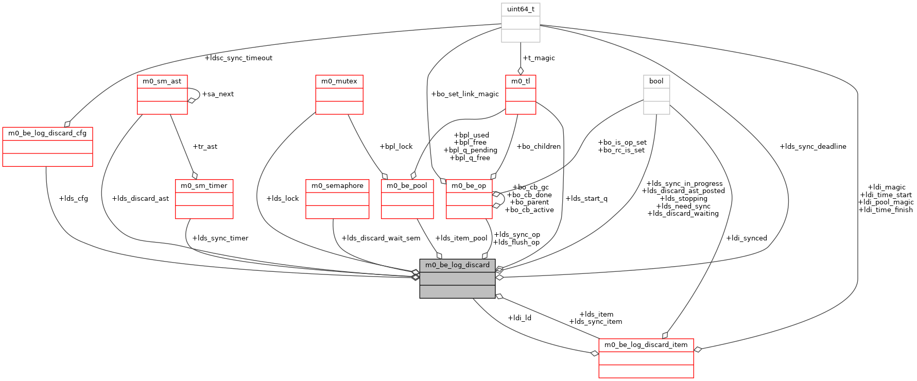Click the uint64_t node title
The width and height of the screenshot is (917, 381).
point(521,9)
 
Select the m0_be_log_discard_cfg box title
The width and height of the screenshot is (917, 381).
point(47,133)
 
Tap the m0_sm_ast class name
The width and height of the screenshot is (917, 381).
point(162,81)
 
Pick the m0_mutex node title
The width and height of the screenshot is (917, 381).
point(339,81)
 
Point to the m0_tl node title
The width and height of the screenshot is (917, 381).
point(521,81)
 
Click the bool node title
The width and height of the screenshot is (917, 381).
point(656,81)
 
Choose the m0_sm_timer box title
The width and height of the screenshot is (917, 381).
point(204,186)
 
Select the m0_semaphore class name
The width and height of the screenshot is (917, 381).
point(337,186)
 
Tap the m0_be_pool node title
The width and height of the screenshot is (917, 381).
point(407,186)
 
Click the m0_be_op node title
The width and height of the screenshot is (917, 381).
point(469,186)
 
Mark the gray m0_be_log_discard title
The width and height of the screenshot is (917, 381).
point(457,265)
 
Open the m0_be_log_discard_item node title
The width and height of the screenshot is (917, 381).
point(646,345)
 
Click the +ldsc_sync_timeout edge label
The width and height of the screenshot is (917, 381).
point(238,58)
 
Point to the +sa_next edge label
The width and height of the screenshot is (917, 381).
point(218,94)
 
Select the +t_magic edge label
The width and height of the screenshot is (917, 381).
point(539,58)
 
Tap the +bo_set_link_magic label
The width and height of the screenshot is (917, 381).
point(465,94)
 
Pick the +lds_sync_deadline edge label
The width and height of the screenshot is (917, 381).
point(813,147)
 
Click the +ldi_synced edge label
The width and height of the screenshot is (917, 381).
point(747,238)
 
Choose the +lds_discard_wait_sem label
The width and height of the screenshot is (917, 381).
point(380,238)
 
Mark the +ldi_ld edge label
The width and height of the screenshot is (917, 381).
point(520,318)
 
